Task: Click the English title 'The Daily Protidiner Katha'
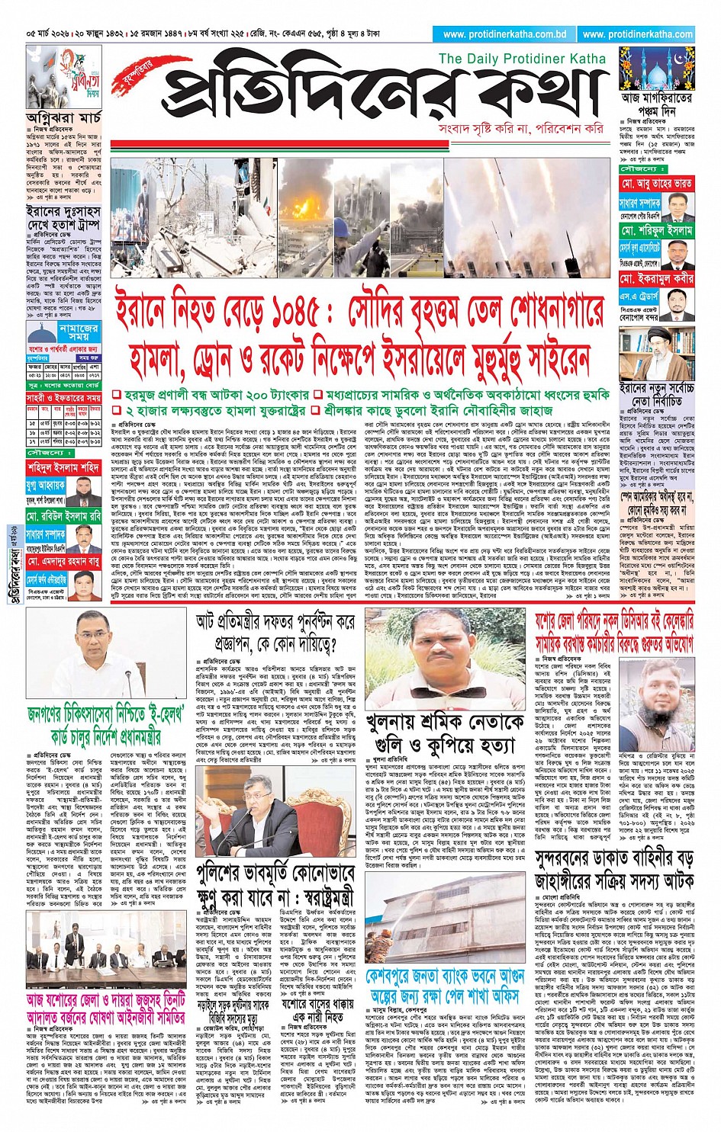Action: (522, 59)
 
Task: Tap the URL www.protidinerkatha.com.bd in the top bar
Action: (504, 34)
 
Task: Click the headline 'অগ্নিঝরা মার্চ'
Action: (63, 118)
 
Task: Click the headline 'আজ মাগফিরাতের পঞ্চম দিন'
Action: (656, 105)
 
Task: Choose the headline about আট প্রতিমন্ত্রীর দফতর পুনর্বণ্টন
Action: (275, 632)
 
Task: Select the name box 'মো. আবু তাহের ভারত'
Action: (656, 184)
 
